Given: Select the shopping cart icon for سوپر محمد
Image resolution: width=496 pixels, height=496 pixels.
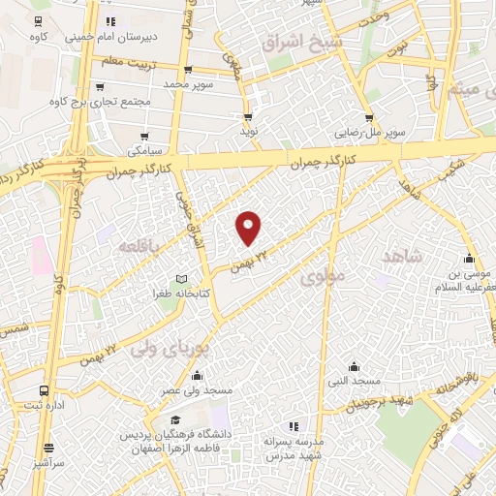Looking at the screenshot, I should [188, 70].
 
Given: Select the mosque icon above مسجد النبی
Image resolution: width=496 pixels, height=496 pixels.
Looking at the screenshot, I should [355, 366].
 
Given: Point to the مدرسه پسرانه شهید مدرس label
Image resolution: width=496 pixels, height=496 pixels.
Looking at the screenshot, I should [293, 448].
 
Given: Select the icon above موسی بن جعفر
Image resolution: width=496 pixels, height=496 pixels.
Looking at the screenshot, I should [469, 259].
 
